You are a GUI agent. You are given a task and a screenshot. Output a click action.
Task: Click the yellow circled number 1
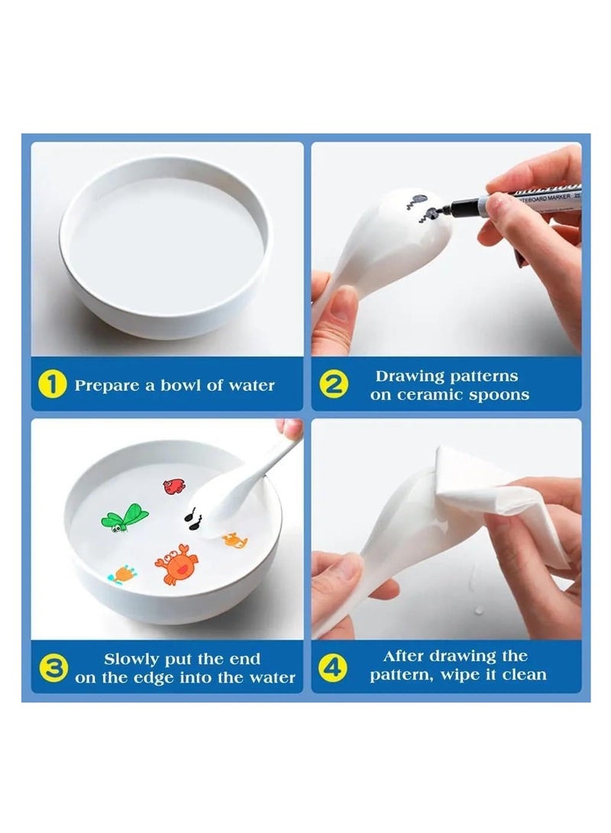click(x=53, y=384)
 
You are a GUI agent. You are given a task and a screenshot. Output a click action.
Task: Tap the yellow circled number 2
click(x=333, y=384)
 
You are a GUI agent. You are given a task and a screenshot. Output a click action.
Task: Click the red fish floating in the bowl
click(x=174, y=486)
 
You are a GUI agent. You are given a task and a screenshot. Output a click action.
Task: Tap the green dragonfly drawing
click(x=124, y=517)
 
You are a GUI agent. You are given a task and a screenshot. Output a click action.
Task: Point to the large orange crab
click(x=176, y=566)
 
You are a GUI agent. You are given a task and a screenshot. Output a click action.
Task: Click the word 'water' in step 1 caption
click(x=251, y=386)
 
